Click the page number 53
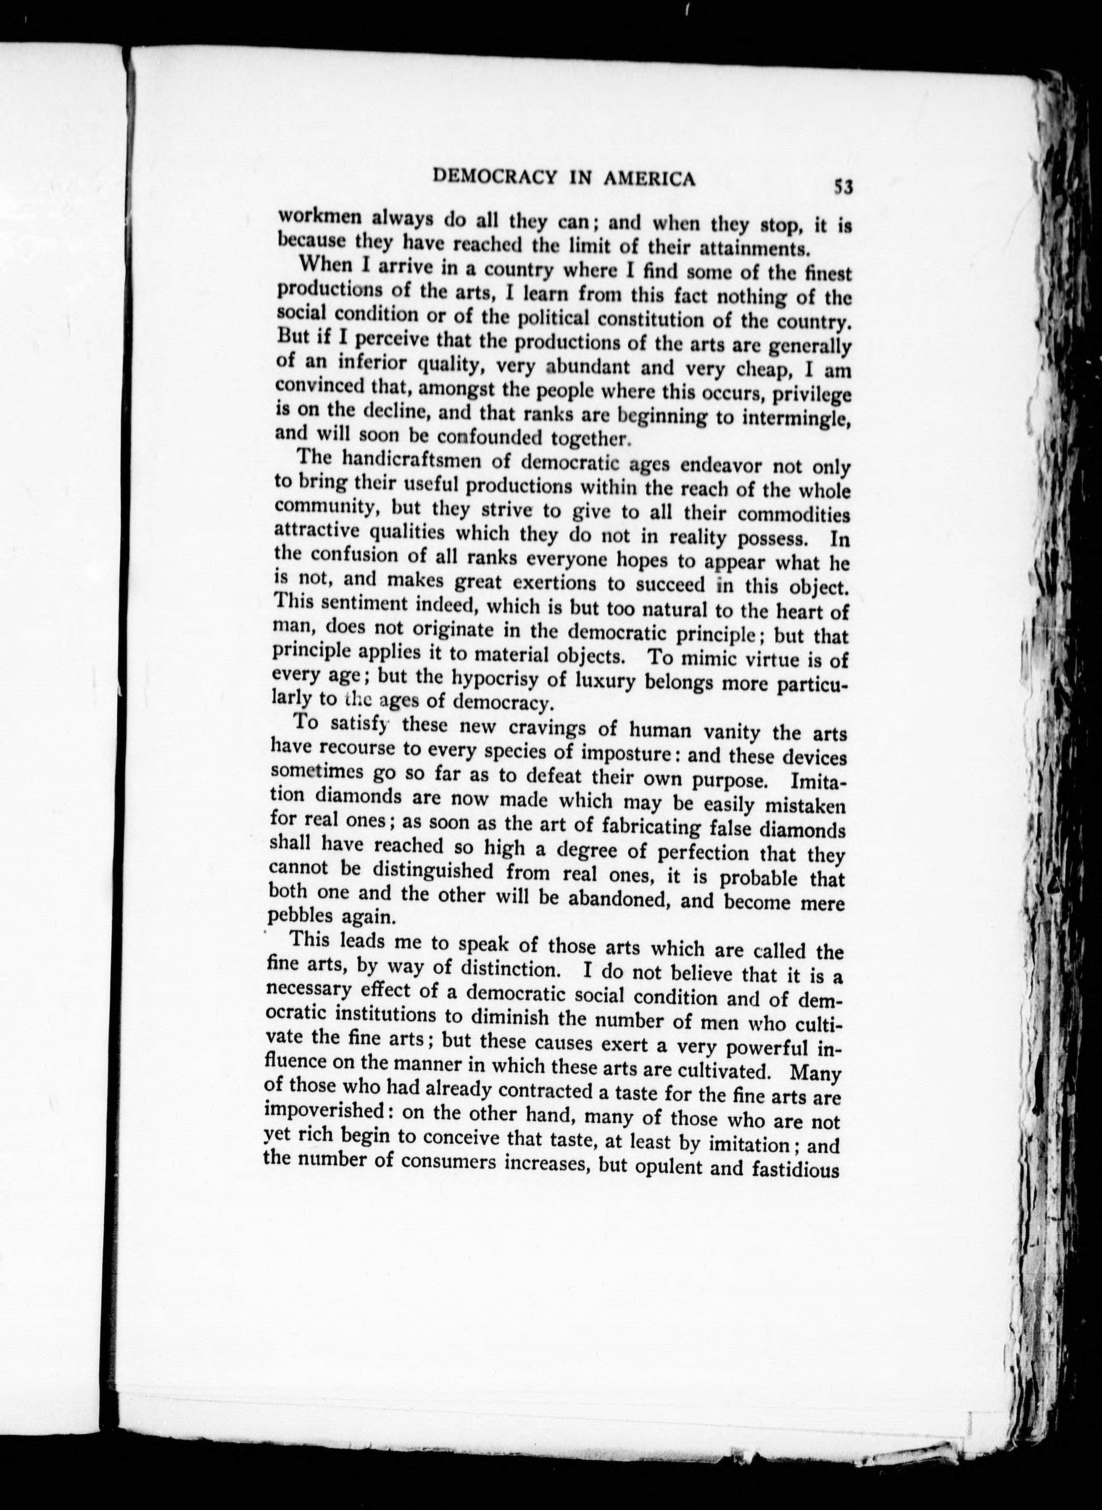tap(843, 186)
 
